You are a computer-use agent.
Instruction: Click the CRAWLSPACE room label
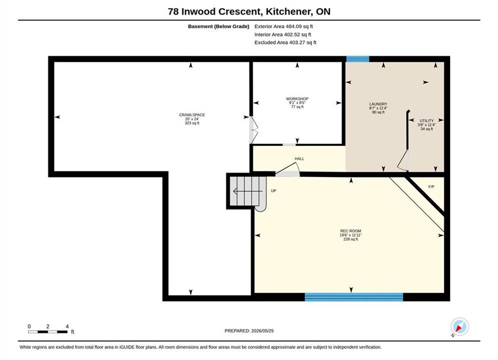pos(192,115)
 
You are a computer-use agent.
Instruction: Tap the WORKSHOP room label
pos(297,98)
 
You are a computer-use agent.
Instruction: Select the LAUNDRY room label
pos(378,104)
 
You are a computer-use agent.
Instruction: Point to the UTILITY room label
pos(426,121)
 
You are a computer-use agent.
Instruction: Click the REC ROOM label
pos(351,231)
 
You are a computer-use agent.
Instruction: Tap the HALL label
pos(299,158)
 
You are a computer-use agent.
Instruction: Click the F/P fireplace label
pos(431,187)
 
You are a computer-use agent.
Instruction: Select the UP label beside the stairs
pos(273,191)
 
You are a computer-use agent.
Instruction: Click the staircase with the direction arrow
pos(248,191)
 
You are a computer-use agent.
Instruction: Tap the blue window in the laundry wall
pos(358,59)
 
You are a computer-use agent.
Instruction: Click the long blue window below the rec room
pos(354,297)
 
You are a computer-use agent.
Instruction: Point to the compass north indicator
pos(459,326)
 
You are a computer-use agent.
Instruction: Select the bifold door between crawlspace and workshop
pos(253,130)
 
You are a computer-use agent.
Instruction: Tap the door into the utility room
pos(403,160)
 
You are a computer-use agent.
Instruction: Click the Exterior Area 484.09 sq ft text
pos(284,26)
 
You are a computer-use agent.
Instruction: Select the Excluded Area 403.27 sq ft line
pos(285,42)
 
